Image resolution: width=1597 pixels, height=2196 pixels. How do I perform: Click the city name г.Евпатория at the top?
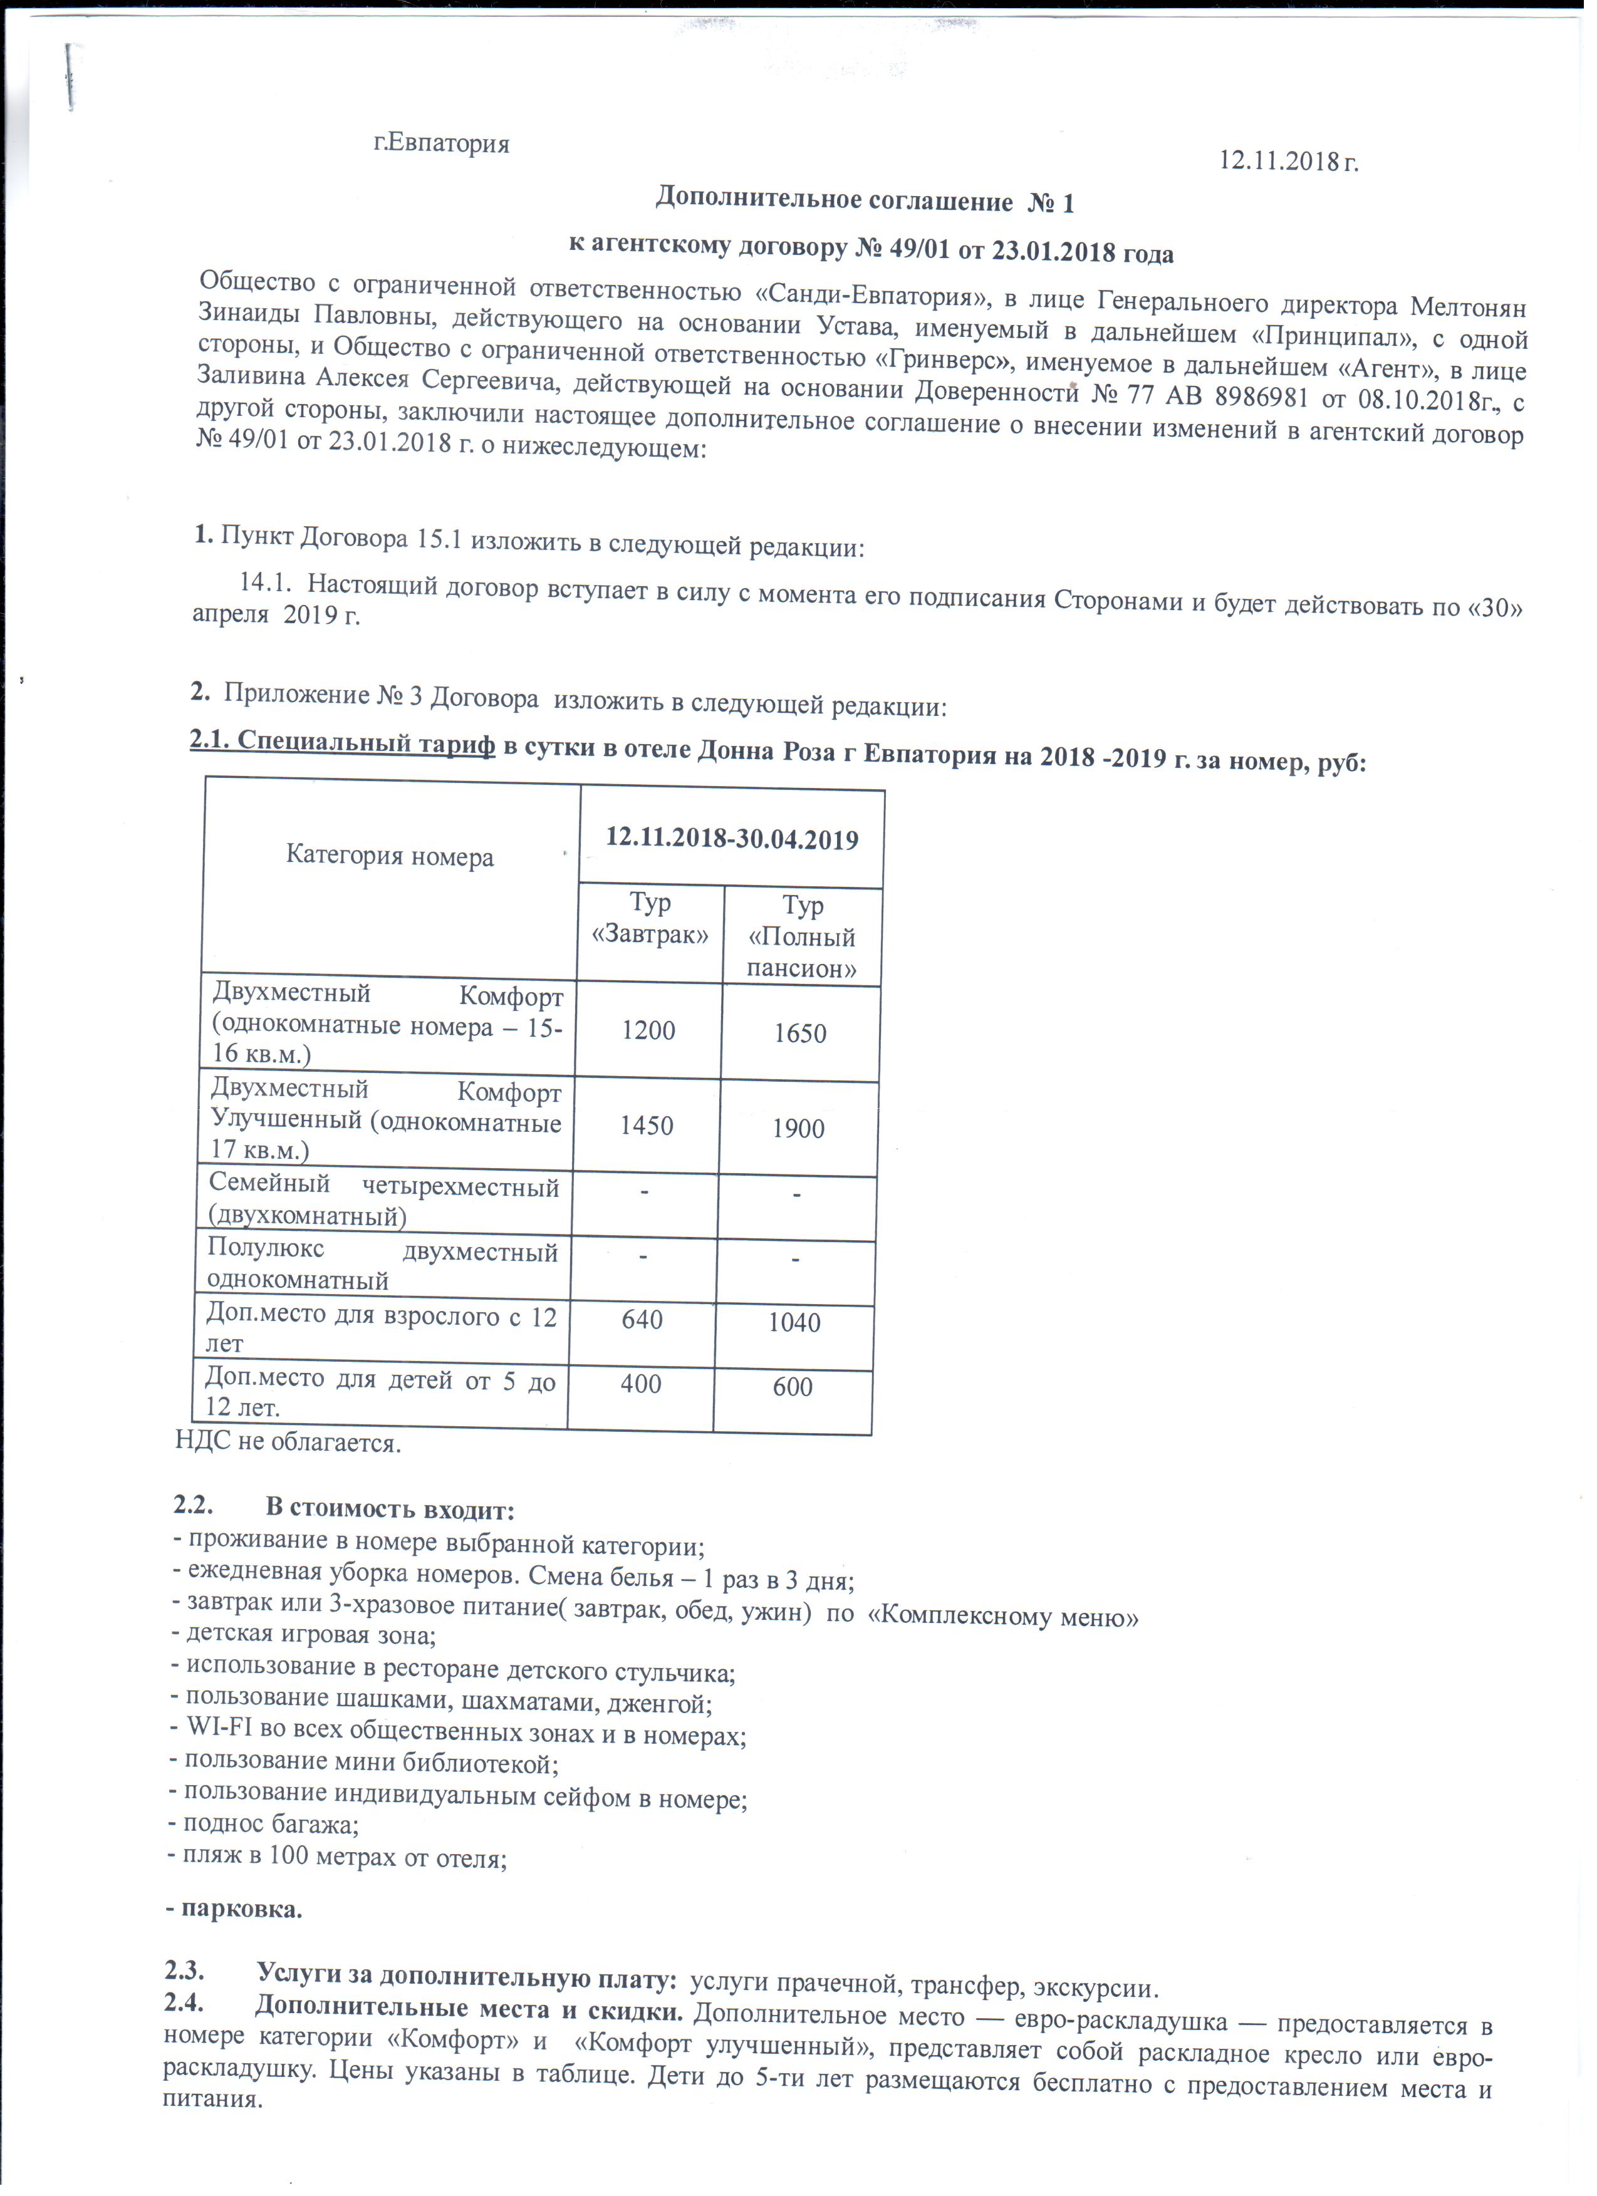pyautogui.click(x=442, y=144)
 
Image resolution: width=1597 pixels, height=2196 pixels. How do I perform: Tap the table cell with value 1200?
pyautogui.click(x=648, y=1030)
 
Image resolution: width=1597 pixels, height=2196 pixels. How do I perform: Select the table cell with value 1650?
pyautogui.click(x=800, y=1033)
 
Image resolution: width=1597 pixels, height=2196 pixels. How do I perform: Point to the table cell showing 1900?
pyautogui.click(x=798, y=1128)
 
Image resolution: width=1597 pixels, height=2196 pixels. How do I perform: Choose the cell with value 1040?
pyautogui.click(x=794, y=1323)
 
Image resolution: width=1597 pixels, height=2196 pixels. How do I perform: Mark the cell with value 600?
pyautogui.click(x=792, y=1387)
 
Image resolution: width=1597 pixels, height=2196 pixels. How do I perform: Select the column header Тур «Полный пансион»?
pyautogui.click(x=802, y=936)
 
